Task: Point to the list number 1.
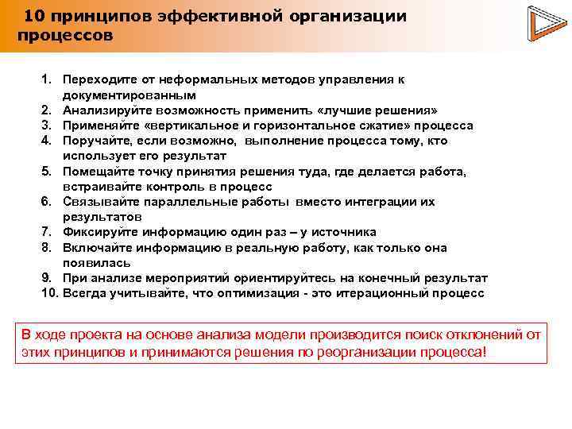click(47, 80)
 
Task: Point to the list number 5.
click(47, 172)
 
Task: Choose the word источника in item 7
click(343, 232)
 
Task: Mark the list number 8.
click(47, 248)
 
